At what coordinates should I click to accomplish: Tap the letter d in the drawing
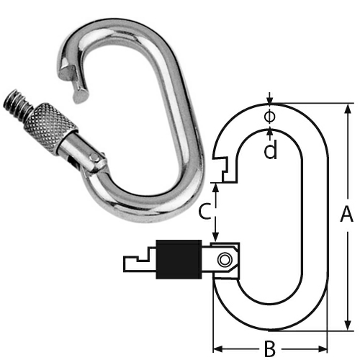coord(269,150)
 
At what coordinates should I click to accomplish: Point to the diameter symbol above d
coord(269,115)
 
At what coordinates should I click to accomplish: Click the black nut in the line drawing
coord(178,259)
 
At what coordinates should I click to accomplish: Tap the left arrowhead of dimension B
coord(217,345)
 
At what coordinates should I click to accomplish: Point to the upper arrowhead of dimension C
coord(216,184)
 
